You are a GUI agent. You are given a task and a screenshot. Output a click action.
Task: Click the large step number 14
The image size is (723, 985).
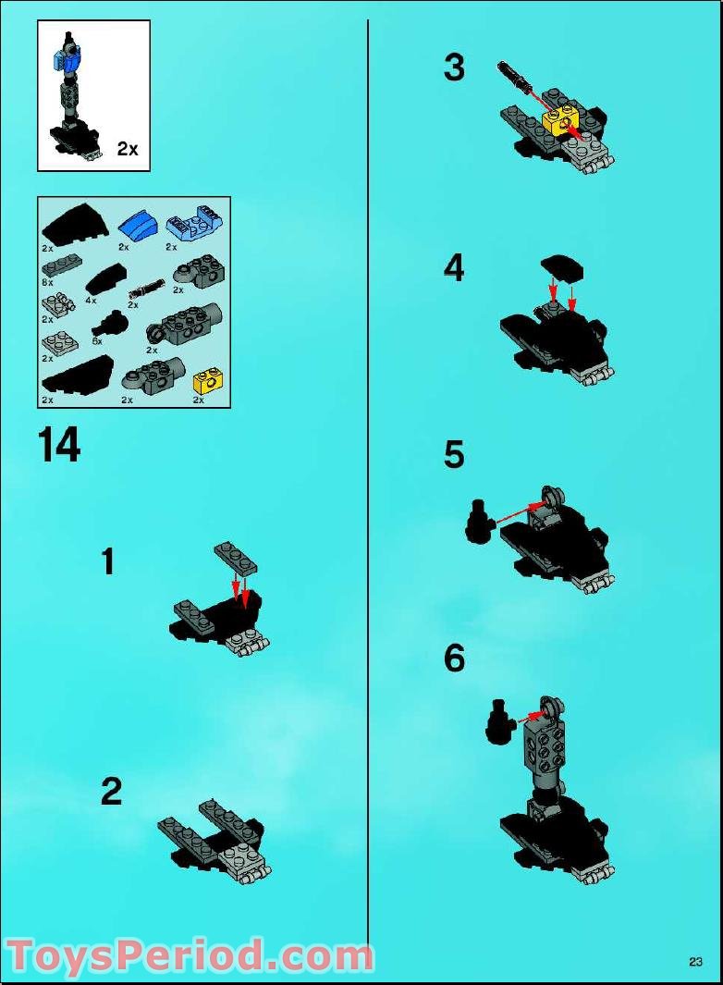[x=59, y=445]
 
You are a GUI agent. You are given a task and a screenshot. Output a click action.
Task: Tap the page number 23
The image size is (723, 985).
[x=695, y=962]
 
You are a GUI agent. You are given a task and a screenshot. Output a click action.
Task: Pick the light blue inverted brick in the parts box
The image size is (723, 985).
[x=191, y=224]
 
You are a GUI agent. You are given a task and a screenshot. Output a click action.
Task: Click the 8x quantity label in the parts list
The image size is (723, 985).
[x=47, y=281]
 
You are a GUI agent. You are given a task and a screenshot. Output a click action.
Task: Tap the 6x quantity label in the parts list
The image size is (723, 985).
[x=96, y=340]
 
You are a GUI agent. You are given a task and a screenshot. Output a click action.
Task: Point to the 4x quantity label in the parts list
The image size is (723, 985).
[x=91, y=301]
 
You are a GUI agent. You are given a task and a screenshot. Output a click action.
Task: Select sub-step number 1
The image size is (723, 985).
[x=108, y=561]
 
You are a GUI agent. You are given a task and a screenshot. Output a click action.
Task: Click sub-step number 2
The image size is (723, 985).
[x=111, y=792]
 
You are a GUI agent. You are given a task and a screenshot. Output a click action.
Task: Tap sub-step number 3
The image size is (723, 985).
[x=454, y=68]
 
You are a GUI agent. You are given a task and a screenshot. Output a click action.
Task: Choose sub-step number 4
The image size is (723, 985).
[x=454, y=268]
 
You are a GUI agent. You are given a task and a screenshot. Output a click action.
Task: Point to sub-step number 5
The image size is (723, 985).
[x=454, y=455]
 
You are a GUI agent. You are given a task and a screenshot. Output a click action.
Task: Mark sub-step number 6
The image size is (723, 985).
[x=454, y=659]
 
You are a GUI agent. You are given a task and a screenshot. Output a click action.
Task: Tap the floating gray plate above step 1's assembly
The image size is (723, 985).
[x=236, y=558]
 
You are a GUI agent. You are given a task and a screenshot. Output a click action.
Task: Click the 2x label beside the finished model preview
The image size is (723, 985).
[x=128, y=149]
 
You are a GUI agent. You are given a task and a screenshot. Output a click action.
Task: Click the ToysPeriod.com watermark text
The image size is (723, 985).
[x=190, y=956]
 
